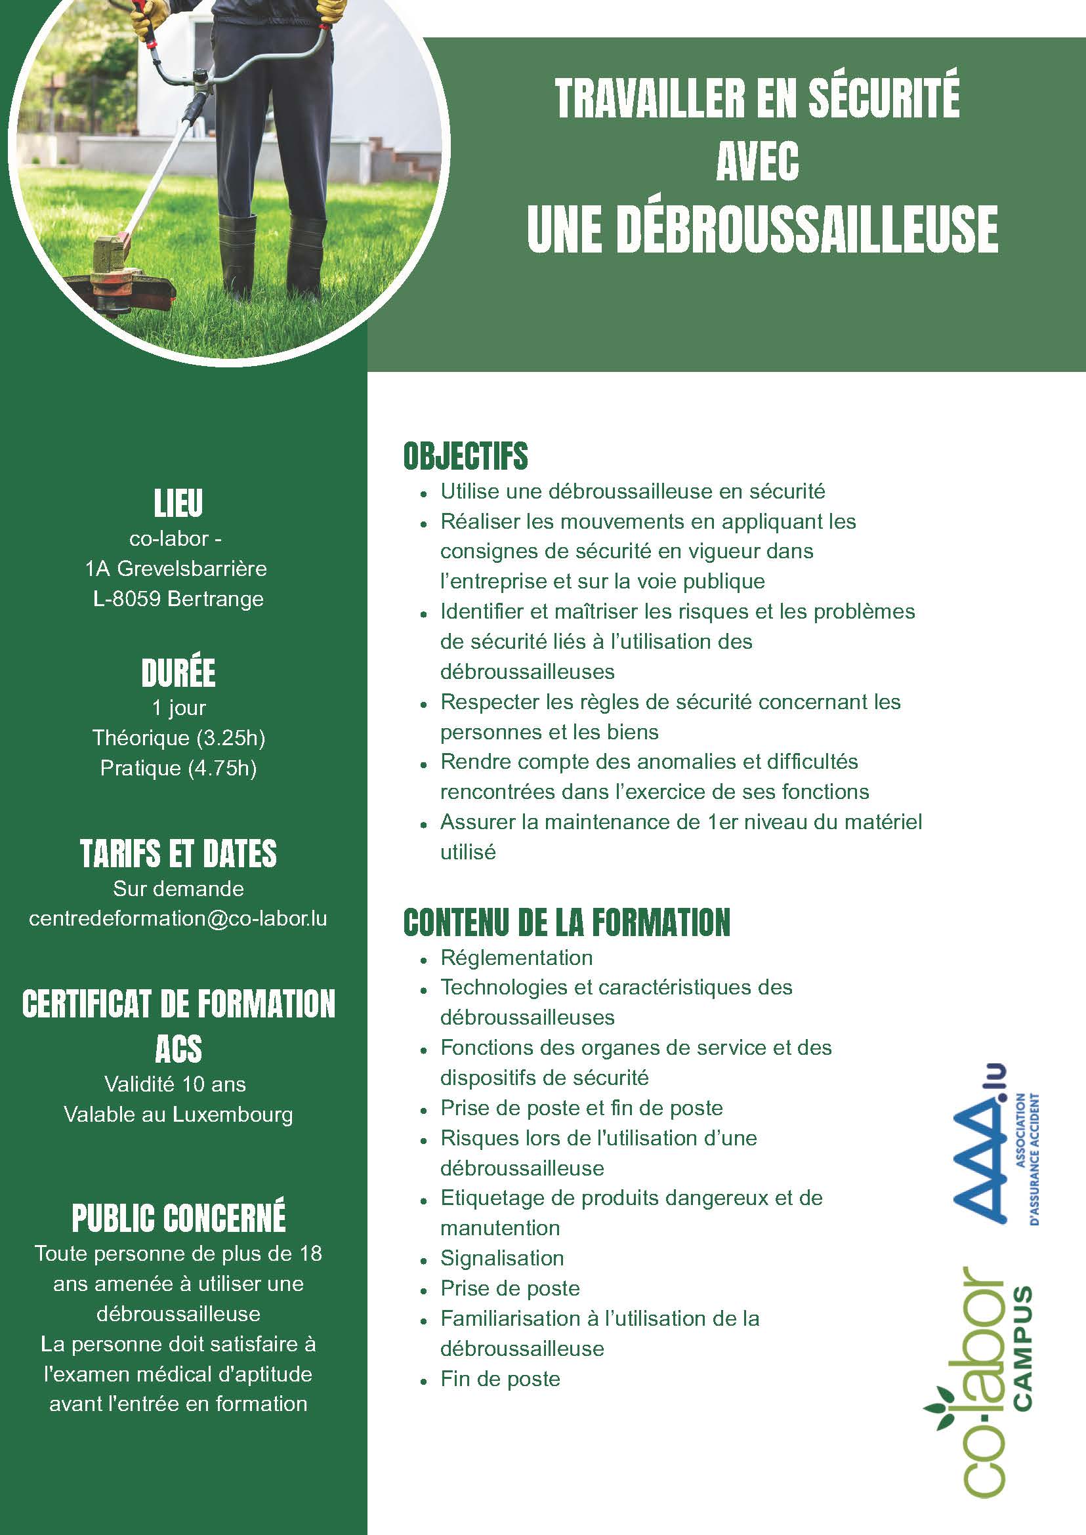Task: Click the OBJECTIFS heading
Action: (x=465, y=457)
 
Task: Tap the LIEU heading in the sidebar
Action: (x=178, y=504)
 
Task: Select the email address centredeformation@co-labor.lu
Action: (x=178, y=918)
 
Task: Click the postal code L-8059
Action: (x=127, y=599)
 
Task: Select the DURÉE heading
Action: (x=178, y=673)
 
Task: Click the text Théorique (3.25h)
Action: (x=178, y=738)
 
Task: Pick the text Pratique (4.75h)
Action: (x=178, y=768)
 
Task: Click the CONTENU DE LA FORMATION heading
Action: (x=566, y=922)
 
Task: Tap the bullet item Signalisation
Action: (x=501, y=1258)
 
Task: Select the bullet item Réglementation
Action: (x=516, y=957)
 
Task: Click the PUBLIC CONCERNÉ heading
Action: (x=178, y=1218)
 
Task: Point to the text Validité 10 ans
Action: (x=175, y=1084)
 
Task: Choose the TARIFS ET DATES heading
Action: (x=178, y=853)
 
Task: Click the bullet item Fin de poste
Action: (x=499, y=1379)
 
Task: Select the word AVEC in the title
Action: (x=757, y=163)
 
